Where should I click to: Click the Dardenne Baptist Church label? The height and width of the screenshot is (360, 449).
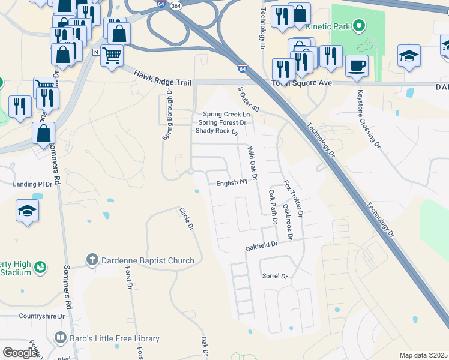[147, 260]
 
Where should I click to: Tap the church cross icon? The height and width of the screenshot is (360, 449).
[91, 260]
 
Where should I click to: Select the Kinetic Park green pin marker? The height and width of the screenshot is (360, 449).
[358, 26]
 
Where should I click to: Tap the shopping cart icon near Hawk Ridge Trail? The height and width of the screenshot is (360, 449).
[112, 56]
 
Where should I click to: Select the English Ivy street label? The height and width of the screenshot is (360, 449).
[232, 182]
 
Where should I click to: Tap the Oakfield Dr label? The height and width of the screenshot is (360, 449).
[262, 245]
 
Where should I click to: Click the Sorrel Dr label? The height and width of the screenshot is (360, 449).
[276, 277]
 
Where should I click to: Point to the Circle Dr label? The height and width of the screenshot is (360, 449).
[187, 220]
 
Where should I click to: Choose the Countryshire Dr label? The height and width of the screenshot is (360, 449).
[41, 316]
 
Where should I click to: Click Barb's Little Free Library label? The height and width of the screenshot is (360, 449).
[114, 338]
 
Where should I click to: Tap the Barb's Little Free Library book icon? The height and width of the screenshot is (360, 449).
[59, 338]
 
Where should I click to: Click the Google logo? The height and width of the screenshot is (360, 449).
[20, 353]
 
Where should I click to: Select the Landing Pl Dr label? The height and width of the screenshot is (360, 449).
[33, 184]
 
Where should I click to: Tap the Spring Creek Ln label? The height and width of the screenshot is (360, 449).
[226, 114]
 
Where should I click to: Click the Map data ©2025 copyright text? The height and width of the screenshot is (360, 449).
[423, 355]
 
